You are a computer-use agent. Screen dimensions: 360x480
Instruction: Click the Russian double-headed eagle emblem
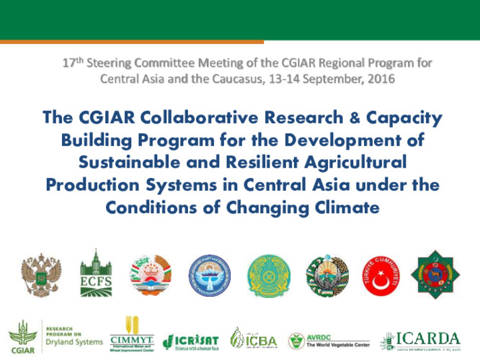click(40, 274)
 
